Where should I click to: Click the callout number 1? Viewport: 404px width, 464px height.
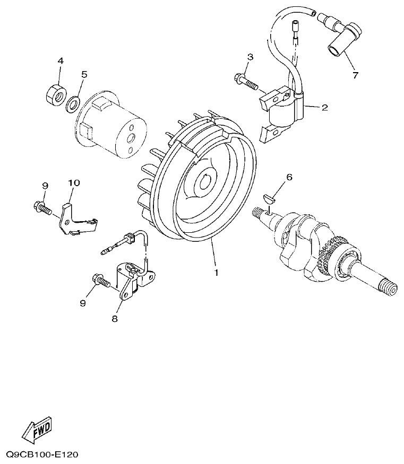tap(217, 273)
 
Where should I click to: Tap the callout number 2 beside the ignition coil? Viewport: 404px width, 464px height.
tap(324, 108)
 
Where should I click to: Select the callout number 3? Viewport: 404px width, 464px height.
tap(250, 57)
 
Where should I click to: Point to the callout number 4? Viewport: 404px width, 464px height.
tap(61, 61)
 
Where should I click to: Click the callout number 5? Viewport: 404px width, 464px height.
tap(83, 74)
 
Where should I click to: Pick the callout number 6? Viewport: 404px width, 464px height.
tap(289, 177)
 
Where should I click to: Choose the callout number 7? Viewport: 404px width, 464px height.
tap(355, 75)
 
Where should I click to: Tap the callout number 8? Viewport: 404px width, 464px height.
tap(114, 319)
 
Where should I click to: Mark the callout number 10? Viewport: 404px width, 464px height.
tap(74, 183)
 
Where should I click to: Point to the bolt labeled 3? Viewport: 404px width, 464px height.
tap(245, 81)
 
